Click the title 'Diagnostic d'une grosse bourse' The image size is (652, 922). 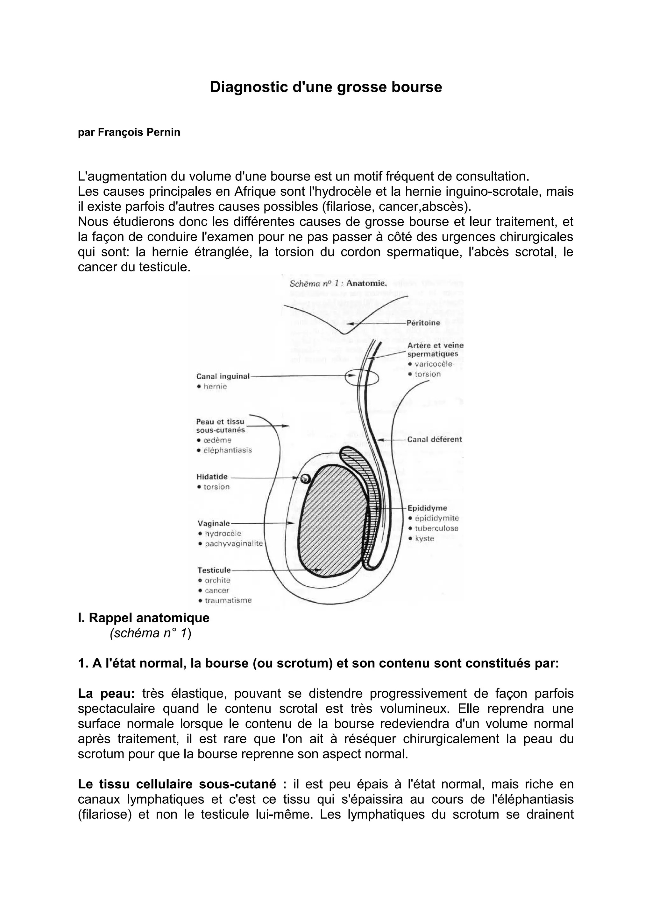point(326,87)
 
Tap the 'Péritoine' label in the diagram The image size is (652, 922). point(423,323)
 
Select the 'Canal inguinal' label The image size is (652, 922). point(223,376)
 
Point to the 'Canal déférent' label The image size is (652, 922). point(434,439)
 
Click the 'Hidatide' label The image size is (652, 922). point(212,477)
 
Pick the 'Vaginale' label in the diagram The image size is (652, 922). point(214,523)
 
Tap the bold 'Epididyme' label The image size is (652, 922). point(427,508)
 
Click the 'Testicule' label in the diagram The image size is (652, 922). point(214,570)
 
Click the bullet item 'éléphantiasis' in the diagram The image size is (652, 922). point(227,450)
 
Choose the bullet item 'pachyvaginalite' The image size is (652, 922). point(233,543)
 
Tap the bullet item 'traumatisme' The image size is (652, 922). point(228,600)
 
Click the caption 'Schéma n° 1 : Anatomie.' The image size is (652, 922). point(338,283)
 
